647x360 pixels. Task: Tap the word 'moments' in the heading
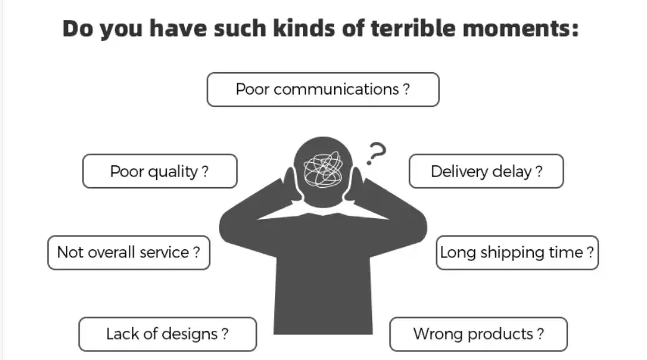[x=513, y=29]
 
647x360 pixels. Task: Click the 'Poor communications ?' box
[x=323, y=90]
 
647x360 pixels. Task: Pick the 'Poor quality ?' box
[x=160, y=171]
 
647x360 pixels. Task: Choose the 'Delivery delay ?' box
[x=486, y=171]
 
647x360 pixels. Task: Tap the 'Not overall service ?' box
[x=129, y=252]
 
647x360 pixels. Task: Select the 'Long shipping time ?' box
[x=517, y=252]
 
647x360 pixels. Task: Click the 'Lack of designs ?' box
[x=167, y=334]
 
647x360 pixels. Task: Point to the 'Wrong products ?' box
[x=478, y=334]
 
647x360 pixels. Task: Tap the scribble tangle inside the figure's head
[x=323, y=169]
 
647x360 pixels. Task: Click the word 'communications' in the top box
[x=336, y=90]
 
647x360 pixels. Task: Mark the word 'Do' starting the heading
[x=78, y=29]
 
